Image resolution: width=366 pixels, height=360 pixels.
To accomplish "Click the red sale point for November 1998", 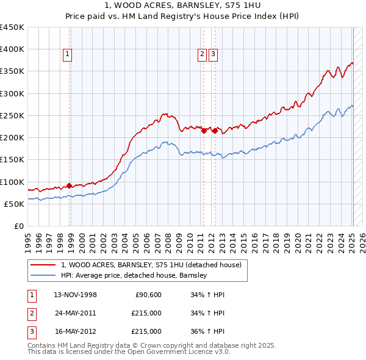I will pos(69,185).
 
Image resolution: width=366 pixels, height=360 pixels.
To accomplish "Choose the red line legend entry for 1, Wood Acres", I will pos(151,265).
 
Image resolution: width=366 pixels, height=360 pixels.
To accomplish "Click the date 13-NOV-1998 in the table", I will pos(75,295).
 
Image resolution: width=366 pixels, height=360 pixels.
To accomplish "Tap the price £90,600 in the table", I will pos(148,295).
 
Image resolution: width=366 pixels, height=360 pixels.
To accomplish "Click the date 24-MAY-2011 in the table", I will pos(75,313).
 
